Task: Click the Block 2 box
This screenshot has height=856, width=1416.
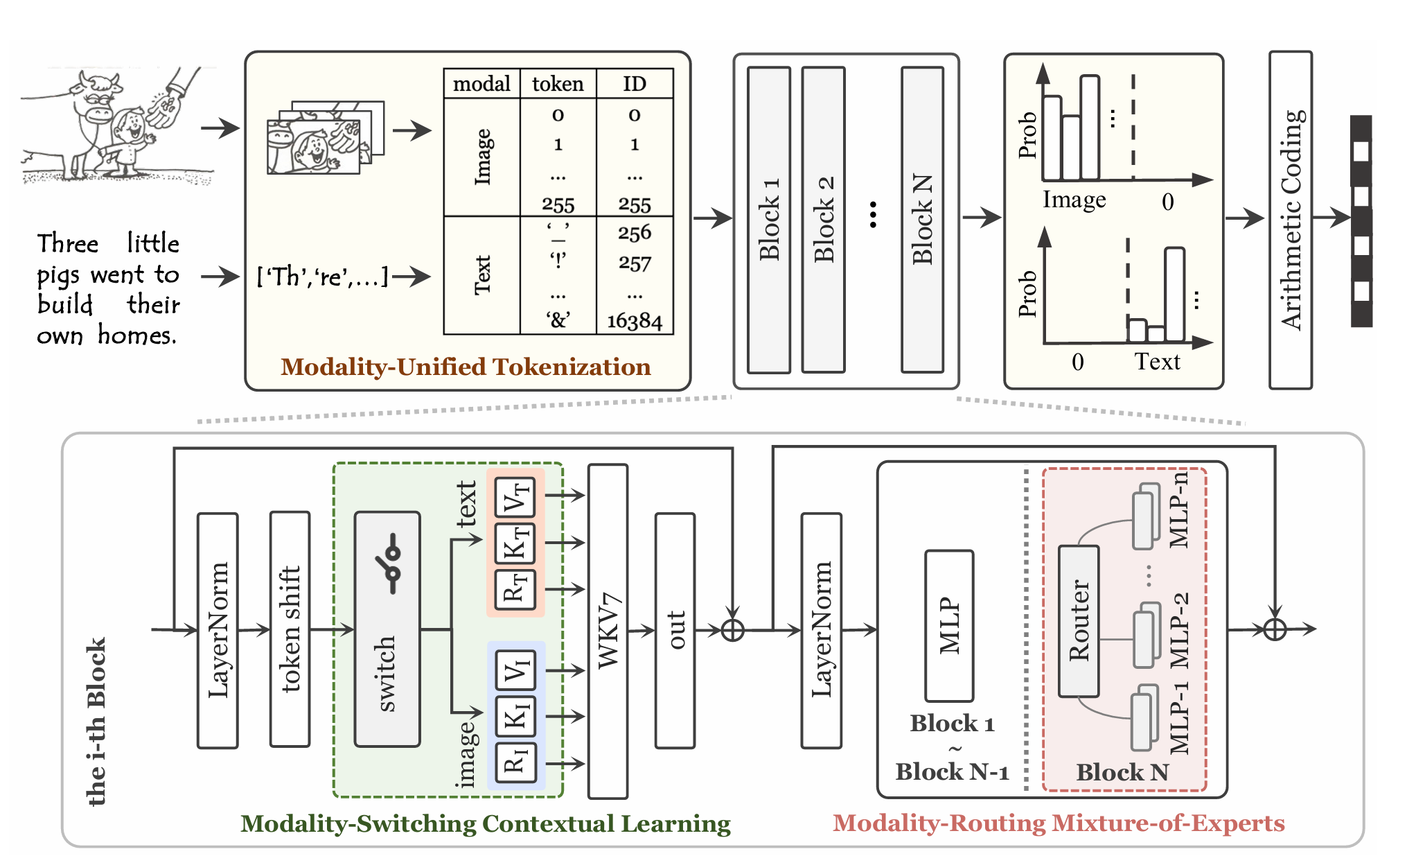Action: point(823,219)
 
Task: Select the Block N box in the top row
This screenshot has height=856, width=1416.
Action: point(922,219)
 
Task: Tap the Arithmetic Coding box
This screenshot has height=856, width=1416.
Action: point(1290,219)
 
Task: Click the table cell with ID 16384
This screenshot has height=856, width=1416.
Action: point(635,321)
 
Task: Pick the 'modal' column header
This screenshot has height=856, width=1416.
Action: point(481,84)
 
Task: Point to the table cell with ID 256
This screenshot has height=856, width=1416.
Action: point(635,232)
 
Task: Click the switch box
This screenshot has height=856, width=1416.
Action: point(387,629)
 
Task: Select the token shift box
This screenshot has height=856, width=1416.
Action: point(290,629)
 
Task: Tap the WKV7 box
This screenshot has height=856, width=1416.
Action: point(608,631)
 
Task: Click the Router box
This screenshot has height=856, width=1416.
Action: point(1079,620)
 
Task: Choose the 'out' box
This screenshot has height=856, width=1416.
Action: point(675,630)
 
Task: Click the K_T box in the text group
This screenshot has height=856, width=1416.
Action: point(515,543)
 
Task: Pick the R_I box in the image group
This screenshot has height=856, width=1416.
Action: point(515,763)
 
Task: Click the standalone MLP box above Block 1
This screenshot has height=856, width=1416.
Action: point(949,625)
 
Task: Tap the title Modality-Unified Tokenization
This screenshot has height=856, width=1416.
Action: point(466,367)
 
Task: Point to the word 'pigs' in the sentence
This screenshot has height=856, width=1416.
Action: point(58,275)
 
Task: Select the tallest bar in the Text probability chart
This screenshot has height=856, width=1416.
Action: point(1175,295)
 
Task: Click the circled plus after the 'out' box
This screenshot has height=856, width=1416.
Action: point(732,630)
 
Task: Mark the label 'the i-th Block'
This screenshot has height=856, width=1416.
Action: point(96,721)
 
